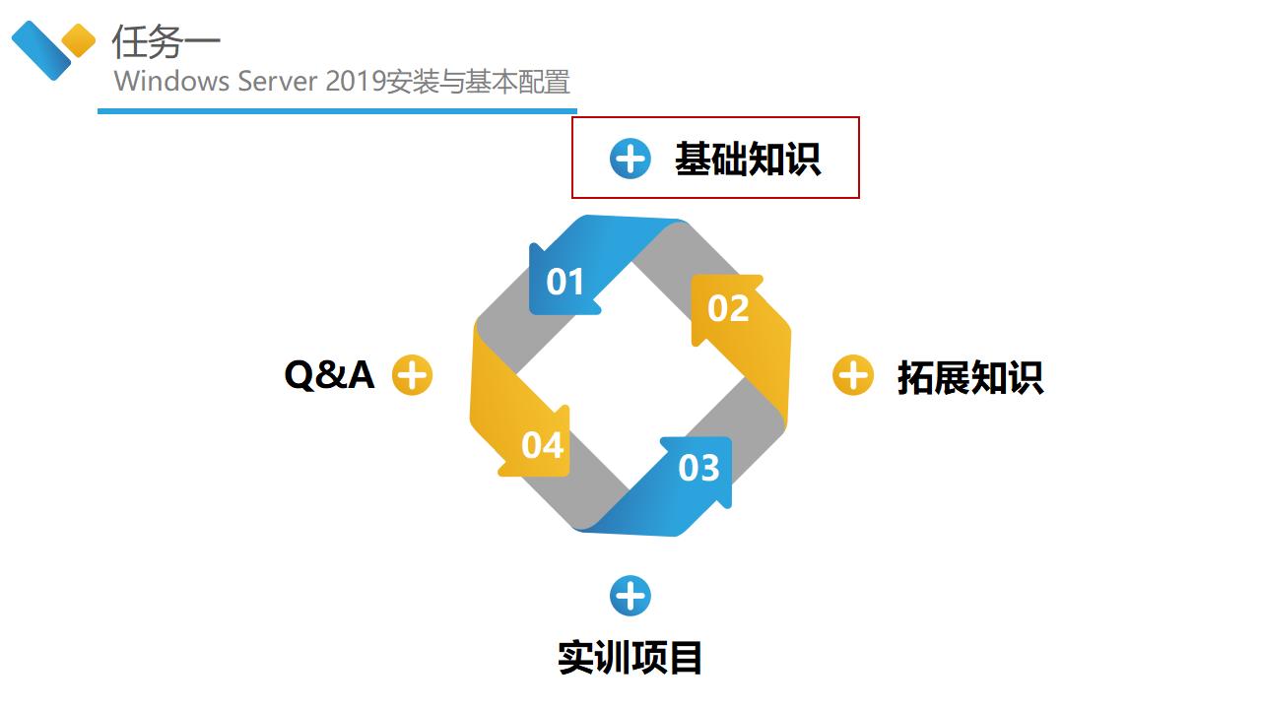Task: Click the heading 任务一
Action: coord(166,41)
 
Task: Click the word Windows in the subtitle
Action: coord(171,81)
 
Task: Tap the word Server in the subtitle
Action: coord(278,81)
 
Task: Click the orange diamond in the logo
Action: coord(78,40)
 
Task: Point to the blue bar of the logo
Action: coord(41,50)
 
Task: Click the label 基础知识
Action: coord(748,159)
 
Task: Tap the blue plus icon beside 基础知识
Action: coord(630,159)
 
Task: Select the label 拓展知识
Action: coord(970,377)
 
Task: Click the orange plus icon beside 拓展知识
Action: coord(853,375)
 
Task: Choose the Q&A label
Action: coord(329,375)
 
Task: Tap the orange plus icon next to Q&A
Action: coord(412,375)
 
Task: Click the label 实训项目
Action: coord(630,657)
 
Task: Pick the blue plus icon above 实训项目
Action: coord(630,596)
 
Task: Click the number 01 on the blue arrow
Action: coord(564,282)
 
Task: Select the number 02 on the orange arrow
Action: coord(728,308)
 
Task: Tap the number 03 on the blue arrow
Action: coord(698,468)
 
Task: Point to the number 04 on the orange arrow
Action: coord(542,445)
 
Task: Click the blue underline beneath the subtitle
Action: coord(337,111)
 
